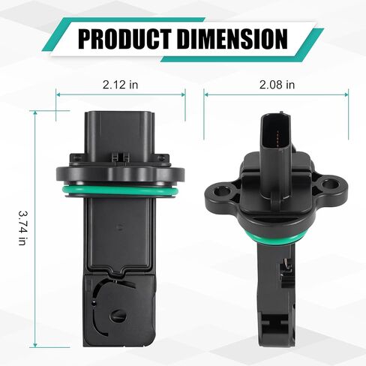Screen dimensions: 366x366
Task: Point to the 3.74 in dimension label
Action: [x=23, y=227]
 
